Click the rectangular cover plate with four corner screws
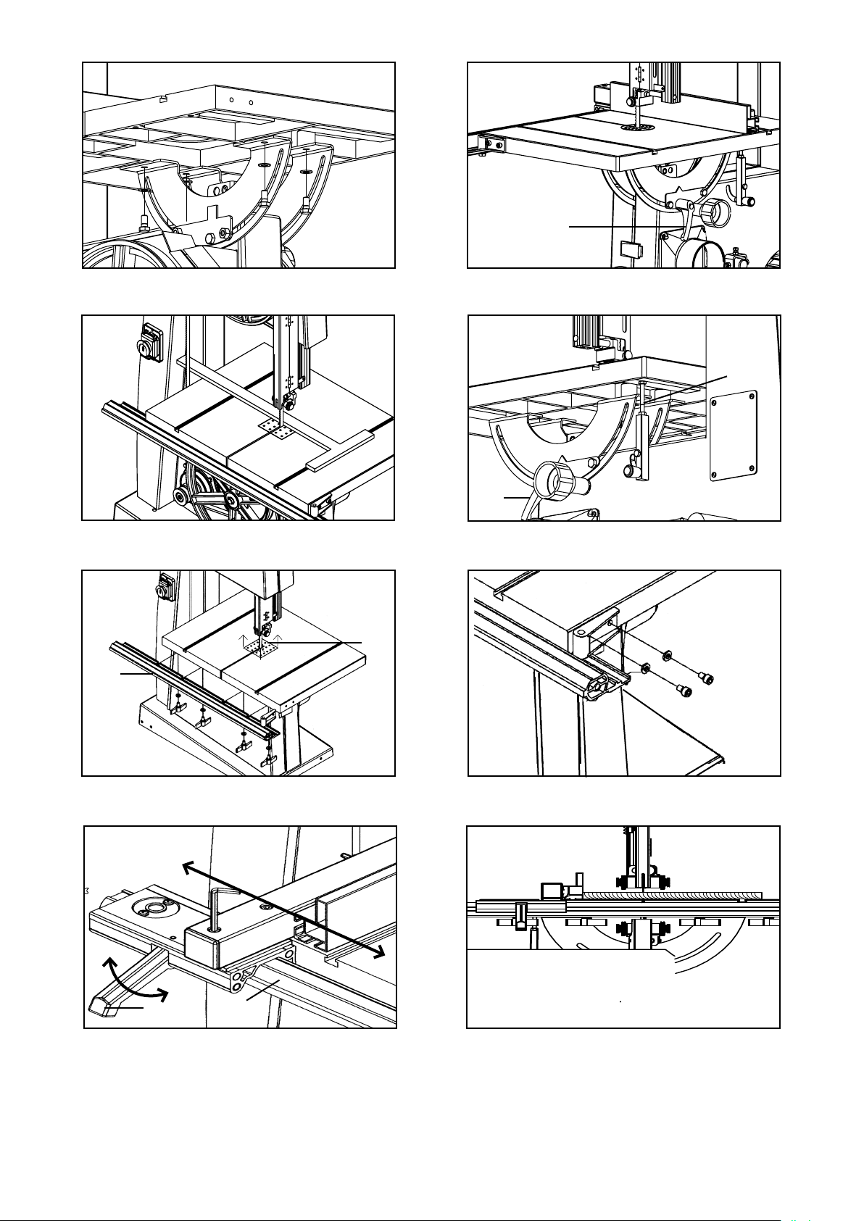coord(734,436)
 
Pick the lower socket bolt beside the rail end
coord(684,691)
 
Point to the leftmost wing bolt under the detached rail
coord(178,706)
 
